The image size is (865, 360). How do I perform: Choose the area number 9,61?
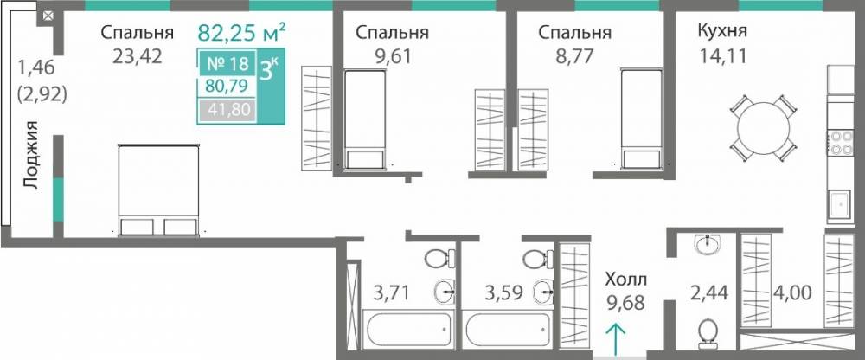pyautogui.click(x=392, y=58)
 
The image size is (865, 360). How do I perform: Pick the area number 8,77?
pyautogui.click(x=573, y=58)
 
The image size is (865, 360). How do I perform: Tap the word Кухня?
pyautogui.click(x=722, y=33)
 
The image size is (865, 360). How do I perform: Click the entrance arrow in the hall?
pyautogui.click(x=615, y=338)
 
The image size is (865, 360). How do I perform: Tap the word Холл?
pyautogui.click(x=625, y=280)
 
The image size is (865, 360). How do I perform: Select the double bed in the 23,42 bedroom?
pyautogui.click(x=158, y=190)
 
